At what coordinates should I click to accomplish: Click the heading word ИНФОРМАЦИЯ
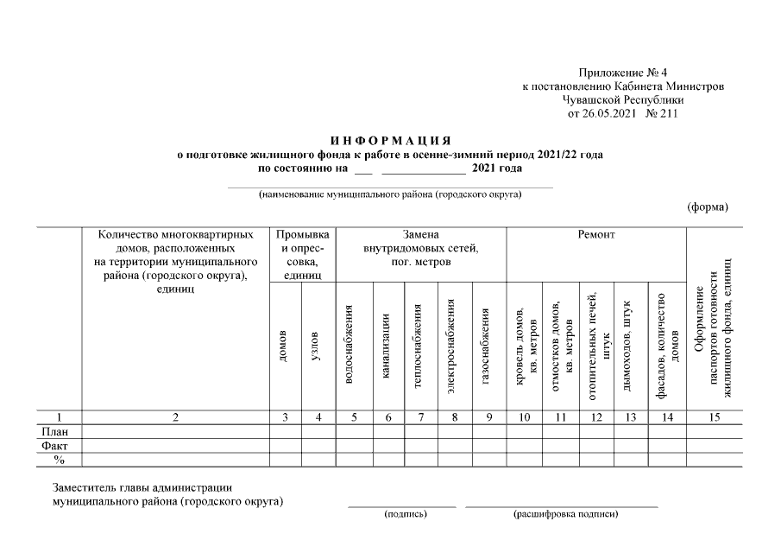[391, 141]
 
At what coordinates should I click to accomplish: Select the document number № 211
[662, 112]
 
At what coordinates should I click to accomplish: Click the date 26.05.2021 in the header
[609, 112]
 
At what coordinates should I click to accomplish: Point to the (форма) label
[708, 207]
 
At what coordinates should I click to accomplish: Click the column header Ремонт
[595, 235]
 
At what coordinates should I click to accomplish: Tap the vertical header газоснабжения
[488, 346]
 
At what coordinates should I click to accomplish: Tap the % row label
[59, 460]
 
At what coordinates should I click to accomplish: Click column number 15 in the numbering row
[713, 417]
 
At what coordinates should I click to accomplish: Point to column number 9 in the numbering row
[488, 417]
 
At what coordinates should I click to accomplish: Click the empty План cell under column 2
[175, 431]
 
